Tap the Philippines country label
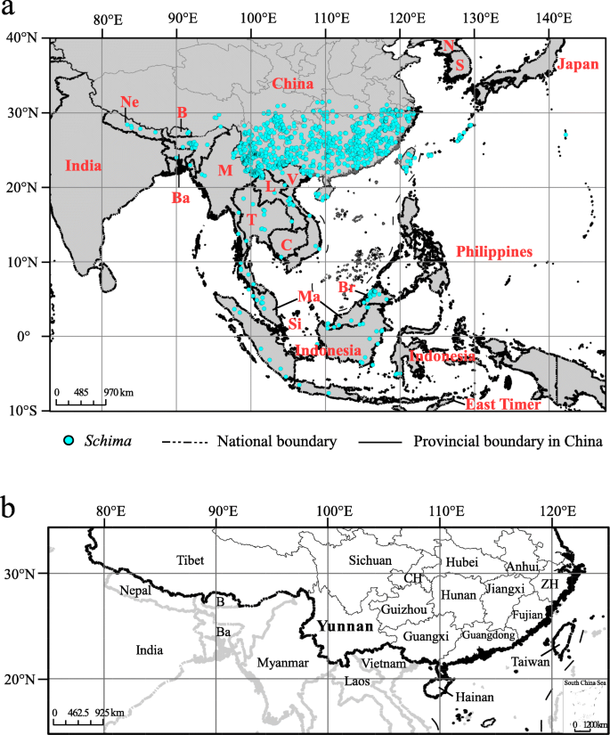[x=494, y=252]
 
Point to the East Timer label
[x=502, y=404]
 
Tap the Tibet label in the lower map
[x=191, y=559]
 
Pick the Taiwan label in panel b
[x=531, y=663]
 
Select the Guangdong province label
[x=488, y=634]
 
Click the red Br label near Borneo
[x=346, y=288]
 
